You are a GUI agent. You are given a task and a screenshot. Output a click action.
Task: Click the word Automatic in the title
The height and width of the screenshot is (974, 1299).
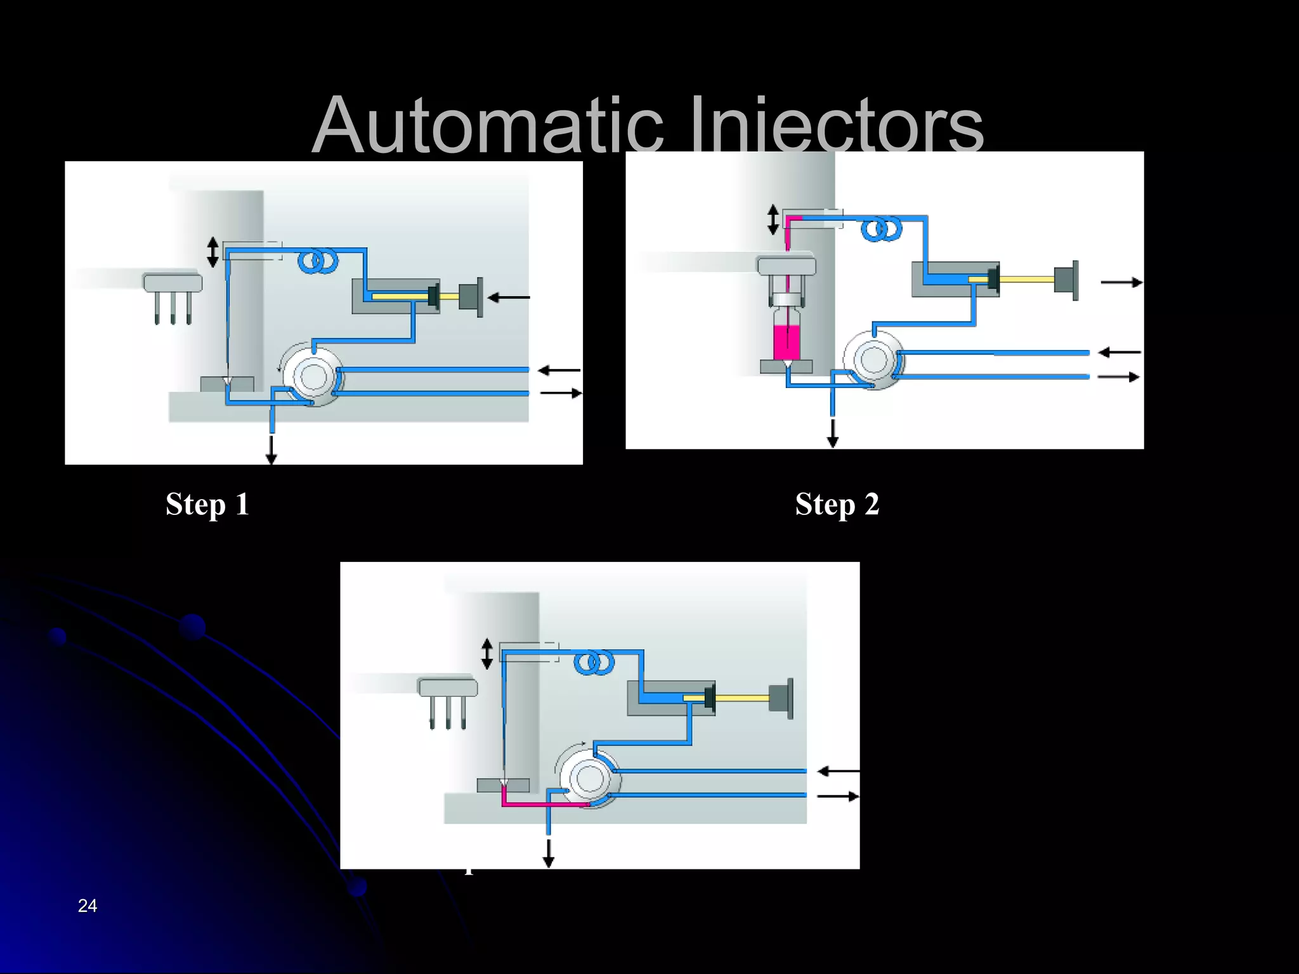(488, 125)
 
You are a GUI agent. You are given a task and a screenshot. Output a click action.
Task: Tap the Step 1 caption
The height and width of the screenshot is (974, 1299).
(207, 505)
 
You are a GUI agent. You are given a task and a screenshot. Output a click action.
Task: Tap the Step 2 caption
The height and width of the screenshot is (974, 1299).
(837, 505)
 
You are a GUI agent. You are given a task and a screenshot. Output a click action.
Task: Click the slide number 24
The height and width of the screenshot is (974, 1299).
(88, 906)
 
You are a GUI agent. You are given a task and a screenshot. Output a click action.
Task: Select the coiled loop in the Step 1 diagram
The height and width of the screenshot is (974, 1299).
(318, 261)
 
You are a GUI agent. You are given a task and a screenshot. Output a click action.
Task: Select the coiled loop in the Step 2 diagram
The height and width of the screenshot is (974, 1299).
(882, 229)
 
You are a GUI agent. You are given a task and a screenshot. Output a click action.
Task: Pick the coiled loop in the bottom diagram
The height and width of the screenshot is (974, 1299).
(594, 663)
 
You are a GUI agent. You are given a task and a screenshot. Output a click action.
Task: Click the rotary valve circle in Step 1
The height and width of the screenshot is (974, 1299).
(313, 377)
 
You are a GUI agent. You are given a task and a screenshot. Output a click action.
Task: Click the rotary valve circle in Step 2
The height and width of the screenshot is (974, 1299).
(873, 360)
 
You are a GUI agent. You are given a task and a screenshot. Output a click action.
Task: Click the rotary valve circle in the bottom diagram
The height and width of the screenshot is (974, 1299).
(590, 778)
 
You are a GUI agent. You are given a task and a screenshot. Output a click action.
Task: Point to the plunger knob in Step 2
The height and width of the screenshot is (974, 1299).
(1066, 279)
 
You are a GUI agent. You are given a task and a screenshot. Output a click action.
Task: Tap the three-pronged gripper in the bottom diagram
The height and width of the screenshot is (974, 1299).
(448, 701)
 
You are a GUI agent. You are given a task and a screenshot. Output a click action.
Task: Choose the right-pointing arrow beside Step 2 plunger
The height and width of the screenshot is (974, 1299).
(1121, 282)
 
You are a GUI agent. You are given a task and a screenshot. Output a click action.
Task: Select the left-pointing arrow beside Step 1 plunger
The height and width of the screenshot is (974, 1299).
(509, 297)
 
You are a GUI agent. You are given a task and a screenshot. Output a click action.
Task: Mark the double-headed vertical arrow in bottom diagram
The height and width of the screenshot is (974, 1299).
(487, 654)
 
